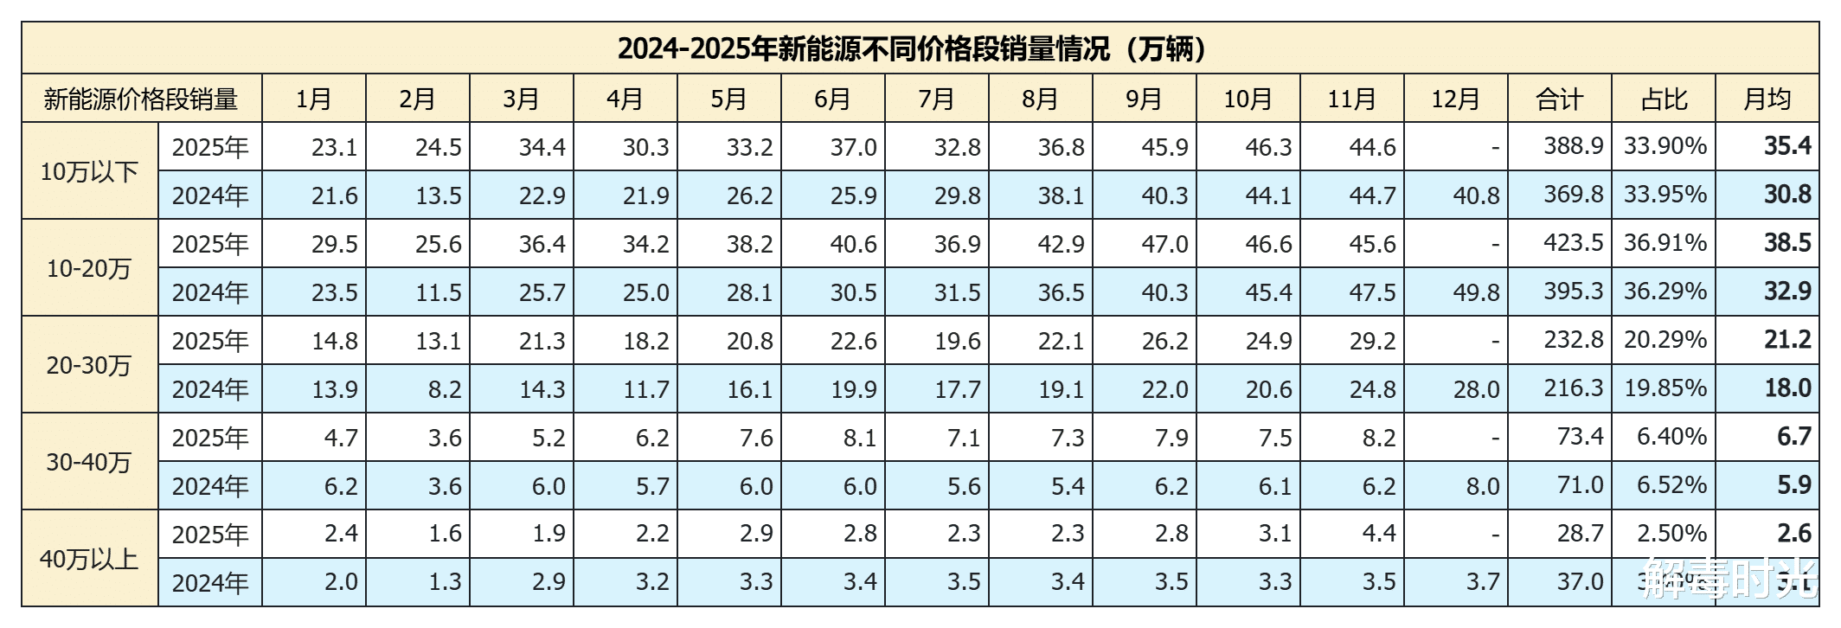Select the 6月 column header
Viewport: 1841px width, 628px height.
832,99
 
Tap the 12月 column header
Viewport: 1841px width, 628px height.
1455,99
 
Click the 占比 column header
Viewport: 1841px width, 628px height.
1663,99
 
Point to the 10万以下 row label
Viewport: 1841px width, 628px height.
89,171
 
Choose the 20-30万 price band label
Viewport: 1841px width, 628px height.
89,365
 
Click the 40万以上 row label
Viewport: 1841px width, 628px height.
89,559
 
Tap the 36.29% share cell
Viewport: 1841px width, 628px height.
1665,292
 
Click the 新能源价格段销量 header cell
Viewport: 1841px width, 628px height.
141,99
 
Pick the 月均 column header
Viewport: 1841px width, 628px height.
1767,99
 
